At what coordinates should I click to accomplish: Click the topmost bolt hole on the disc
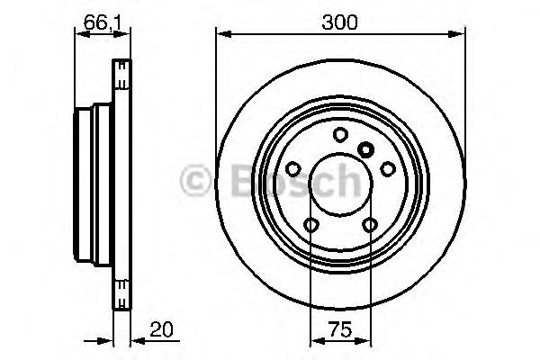pos(340,135)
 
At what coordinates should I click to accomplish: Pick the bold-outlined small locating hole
pos(365,149)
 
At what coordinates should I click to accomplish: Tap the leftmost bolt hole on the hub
pos(293,168)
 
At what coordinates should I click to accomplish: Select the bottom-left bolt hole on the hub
pos(311,225)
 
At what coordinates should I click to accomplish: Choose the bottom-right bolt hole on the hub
pos(370,225)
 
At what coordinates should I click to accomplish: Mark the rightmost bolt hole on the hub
pos(388,168)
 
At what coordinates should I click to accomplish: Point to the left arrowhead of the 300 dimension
pos(221,34)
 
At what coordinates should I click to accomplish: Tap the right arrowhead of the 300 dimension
pos(460,34)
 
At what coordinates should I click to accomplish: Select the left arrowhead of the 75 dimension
pos(315,341)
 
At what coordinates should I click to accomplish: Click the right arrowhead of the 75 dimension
pos(366,341)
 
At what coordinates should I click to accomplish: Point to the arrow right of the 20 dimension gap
pos(138,341)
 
